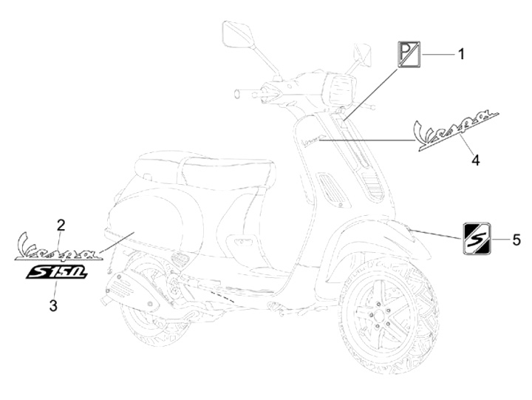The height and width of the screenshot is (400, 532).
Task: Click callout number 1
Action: pyautogui.click(x=461, y=53)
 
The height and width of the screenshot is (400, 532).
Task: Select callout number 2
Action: pyautogui.click(x=61, y=224)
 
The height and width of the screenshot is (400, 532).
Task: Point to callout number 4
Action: pyautogui.click(x=476, y=159)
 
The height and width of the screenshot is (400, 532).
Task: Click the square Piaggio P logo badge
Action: pyautogui.click(x=409, y=55)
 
